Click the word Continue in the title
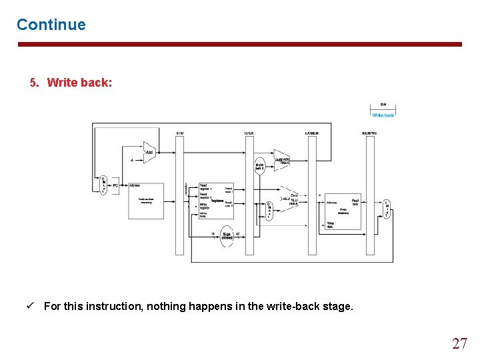click(x=51, y=25)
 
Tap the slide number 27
click(x=459, y=343)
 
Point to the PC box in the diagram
click(x=115, y=185)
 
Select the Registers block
click(x=216, y=199)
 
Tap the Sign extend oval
click(x=227, y=236)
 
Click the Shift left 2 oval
click(x=261, y=167)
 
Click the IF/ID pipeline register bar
click(x=179, y=193)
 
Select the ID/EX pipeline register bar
click(x=249, y=193)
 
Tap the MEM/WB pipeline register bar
click(x=369, y=193)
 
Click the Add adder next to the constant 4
click(x=149, y=153)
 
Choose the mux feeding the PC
click(x=103, y=185)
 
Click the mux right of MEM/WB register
click(x=386, y=209)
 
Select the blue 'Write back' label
click(x=383, y=115)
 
